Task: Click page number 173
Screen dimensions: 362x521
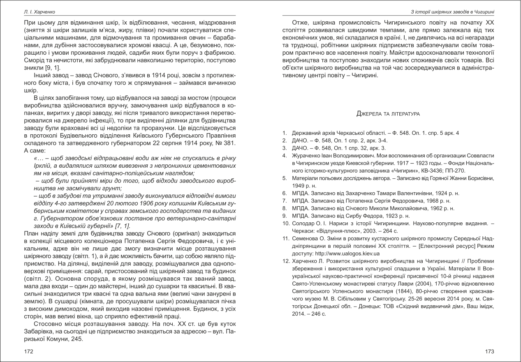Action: (x=490, y=352)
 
